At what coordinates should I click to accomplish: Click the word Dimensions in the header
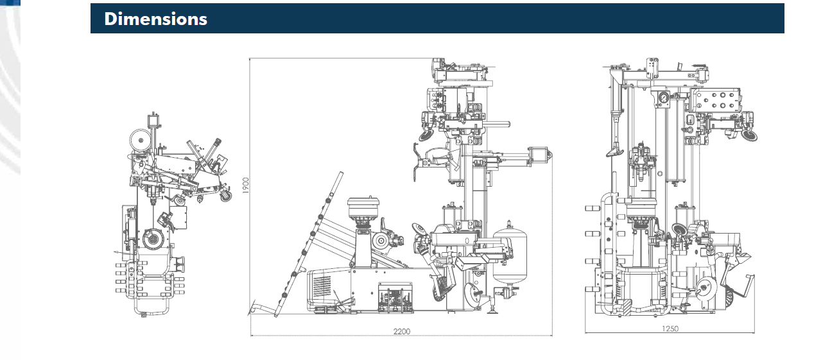[x=155, y=19]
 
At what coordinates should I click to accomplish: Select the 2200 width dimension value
[x=402, y=331]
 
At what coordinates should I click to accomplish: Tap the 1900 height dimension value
[x=246, y=185]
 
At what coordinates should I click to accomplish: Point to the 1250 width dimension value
[x=670, y=329]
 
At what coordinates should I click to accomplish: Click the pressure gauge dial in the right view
[x=663, y=98]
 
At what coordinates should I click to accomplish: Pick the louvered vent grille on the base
[x=322, y=287]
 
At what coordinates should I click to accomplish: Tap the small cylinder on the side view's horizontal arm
[x=538, y=155]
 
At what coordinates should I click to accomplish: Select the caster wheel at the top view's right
[x=226, y=196]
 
